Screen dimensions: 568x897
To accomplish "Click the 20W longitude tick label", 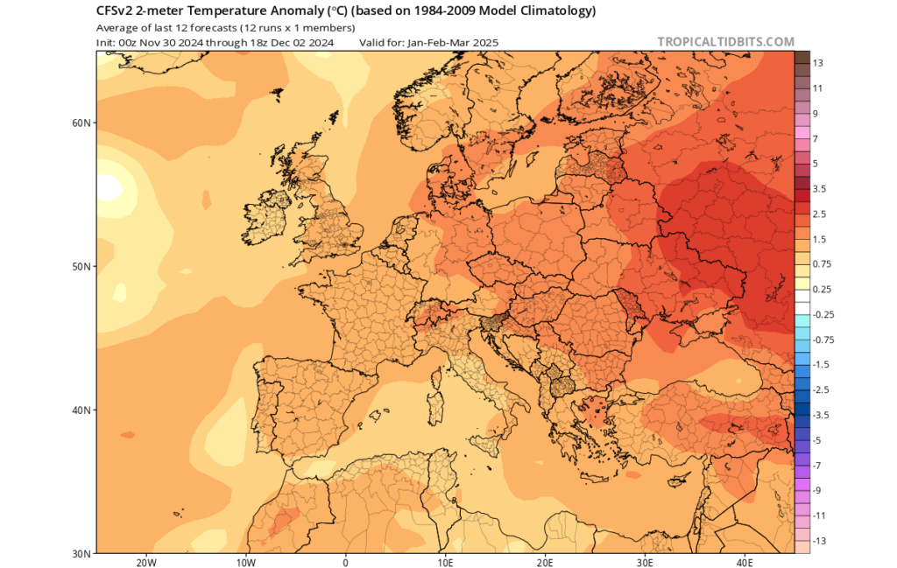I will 146,562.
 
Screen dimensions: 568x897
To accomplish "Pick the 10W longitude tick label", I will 246,562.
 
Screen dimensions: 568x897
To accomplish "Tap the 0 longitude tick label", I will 345,562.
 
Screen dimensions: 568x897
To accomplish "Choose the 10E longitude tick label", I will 446,562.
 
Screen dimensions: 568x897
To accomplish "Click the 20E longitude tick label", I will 546,562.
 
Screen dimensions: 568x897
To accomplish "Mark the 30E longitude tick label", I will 646,562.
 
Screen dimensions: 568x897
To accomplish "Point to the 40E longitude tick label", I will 745,562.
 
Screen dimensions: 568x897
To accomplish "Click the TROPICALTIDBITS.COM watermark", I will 725,42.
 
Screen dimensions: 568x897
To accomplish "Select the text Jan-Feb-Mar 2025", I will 451,42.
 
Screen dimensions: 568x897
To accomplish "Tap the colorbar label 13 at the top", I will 817,64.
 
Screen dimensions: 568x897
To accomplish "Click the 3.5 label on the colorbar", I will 820,189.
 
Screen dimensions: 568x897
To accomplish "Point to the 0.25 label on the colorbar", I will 822,290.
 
